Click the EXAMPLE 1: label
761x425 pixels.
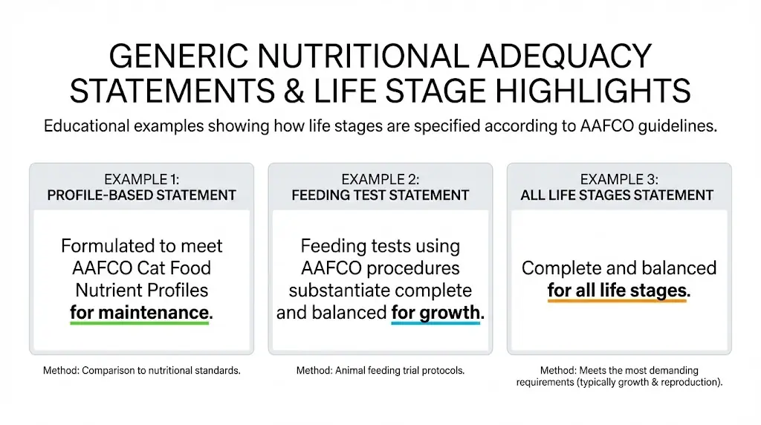[141, 179]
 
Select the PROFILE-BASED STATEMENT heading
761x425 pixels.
[141, 195]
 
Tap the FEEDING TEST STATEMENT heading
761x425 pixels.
[380, 195]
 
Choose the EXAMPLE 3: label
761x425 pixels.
[618, 179]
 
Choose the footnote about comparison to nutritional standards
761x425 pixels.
[141, 370]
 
